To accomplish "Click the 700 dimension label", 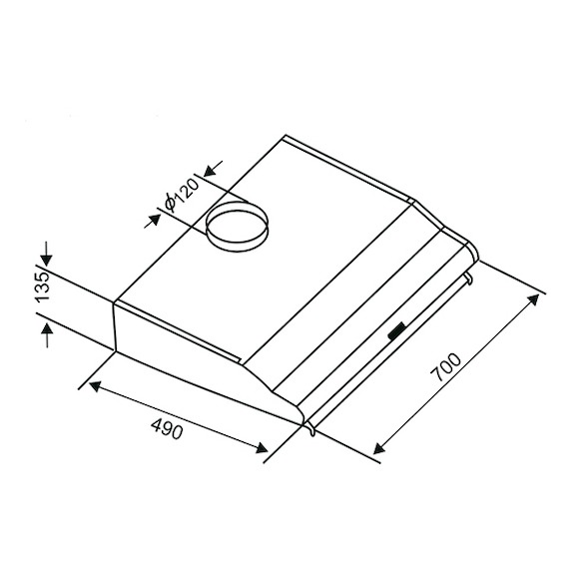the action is (x=446, y=367).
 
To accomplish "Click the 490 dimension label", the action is (x=168, y=428).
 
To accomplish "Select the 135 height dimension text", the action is (x=42, y=288).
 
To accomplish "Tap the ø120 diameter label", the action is (x=182, y=195).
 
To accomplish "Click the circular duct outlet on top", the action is (x=237, y=227).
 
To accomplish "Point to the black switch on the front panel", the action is (x=397, y=330).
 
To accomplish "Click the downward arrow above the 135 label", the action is (x=47, y=254).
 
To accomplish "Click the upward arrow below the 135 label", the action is (x=47, y=335).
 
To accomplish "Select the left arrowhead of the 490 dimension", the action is (x=96, y=386).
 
